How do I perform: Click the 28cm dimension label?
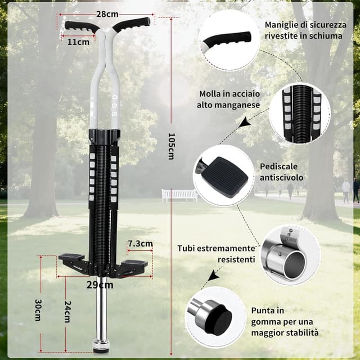pyautogui.click(x=107, y=14)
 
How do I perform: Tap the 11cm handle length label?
pyautogui.click(x=78, y=42)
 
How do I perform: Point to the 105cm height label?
pyautogui.click(x=171, y=146)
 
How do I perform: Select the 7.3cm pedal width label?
pyautogui.click(x=140, y=244)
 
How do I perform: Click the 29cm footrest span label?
pyautogui.click(x=100, y=285)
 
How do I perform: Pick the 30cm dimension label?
pyautogui.click(x=38, y=310)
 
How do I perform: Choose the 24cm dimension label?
pyautogui.click(x=67, y=312)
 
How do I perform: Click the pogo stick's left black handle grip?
pyautogui.click(x=81, y=27)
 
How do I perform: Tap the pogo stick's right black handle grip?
pyautogui.click(x=132, y=24)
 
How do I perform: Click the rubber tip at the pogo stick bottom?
pyautogui.click(x=101, y=346)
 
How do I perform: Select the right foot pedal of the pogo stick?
pyautogui.click(x=134, y=263)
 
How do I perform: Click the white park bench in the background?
pyautogui.click(x=179, y=195)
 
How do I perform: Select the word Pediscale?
pyautogui.click(x=278, y=166)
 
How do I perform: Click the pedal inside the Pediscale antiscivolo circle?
pyautogui.click(x=224, y=174)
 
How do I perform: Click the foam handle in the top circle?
pyautogui.click(x=227, y=39)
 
